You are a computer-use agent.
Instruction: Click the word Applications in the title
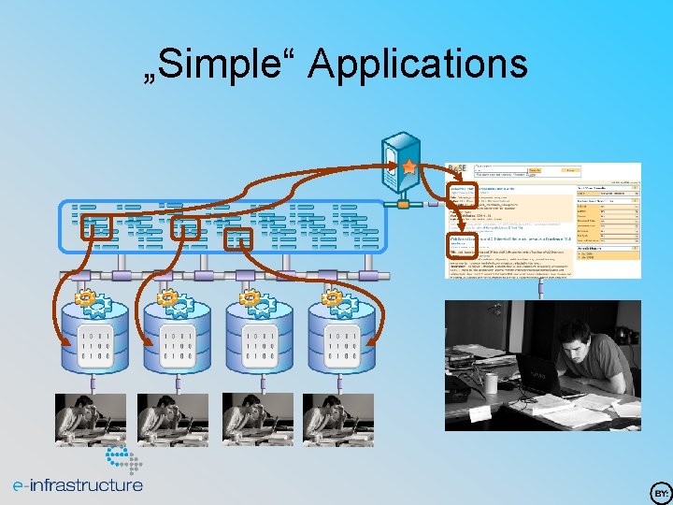click(418, 65)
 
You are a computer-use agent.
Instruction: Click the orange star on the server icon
click(409, 166)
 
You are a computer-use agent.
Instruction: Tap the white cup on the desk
click(489, 383)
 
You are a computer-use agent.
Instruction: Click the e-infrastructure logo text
click(78, 485)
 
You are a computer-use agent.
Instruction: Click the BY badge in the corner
click(660, 492)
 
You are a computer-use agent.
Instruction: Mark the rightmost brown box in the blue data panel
click(240, 238)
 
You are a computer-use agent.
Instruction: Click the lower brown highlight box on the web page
click(465, 246)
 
